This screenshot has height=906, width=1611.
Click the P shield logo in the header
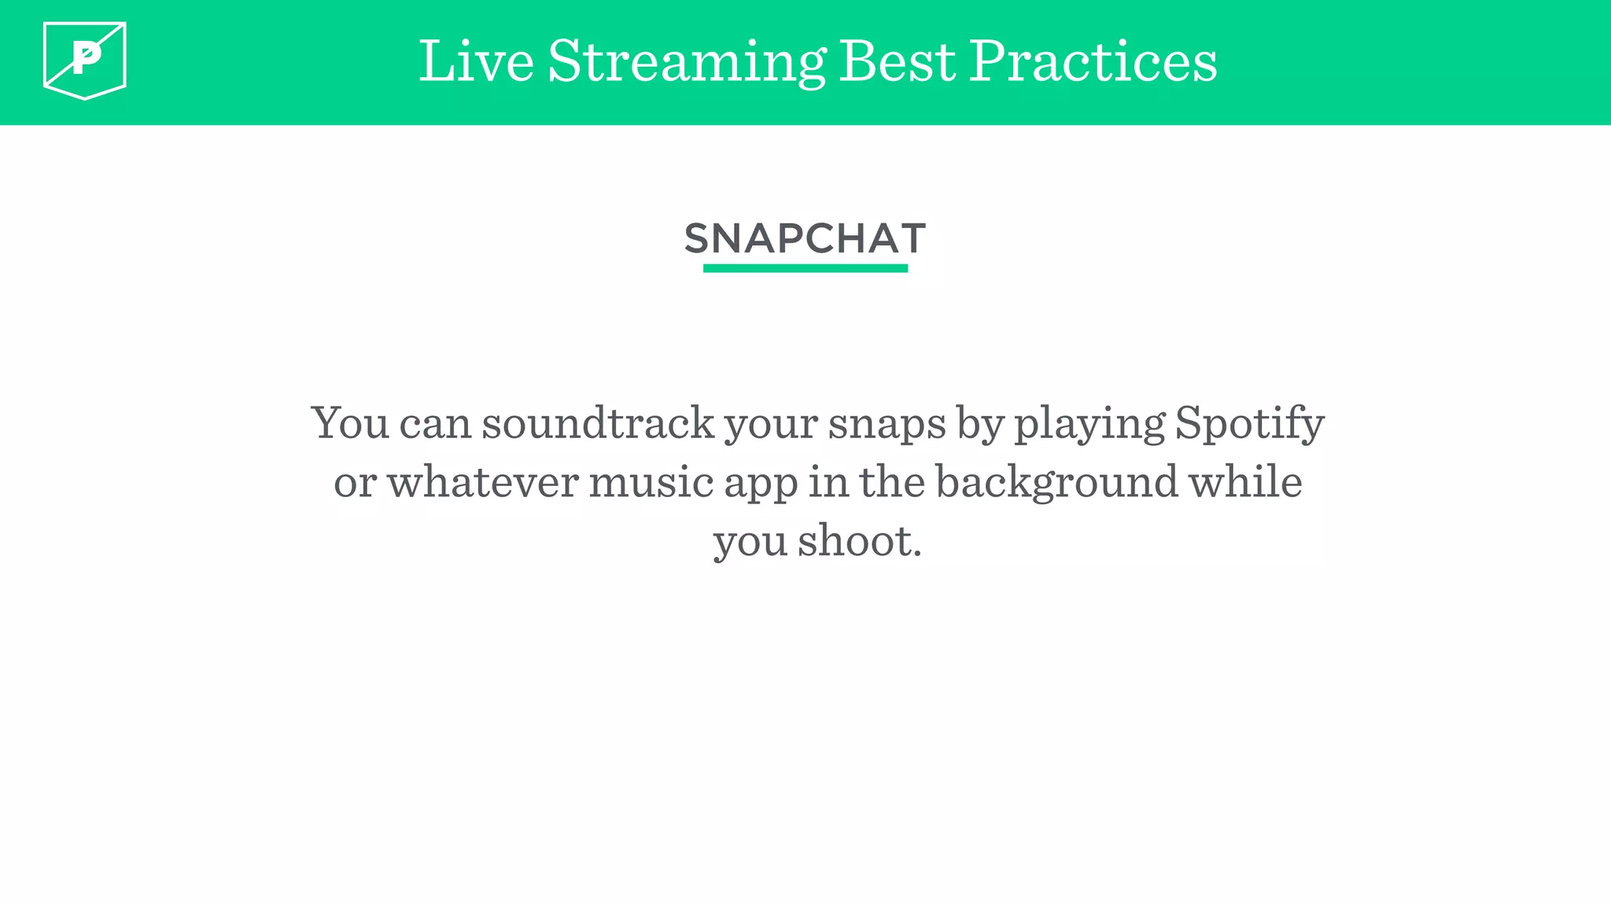pyautogui.click(x=85, y=60)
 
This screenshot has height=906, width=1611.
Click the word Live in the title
pyautogui.click(x=476, y=61)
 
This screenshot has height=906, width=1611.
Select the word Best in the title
pyautogui.click(x=897, y=61)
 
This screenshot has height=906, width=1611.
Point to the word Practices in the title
pyautogui.click(x=1093, y=61)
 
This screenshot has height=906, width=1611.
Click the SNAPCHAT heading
pyautogui.click(x=805, y=238)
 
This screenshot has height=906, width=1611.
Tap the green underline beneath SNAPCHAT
pyautogui.click(x=805, y=268)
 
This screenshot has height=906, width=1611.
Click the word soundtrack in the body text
pyautogui.click(x=598, y=423)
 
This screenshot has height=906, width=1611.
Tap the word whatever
pyautogui.click(x=482, y=482)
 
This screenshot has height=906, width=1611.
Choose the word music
pyautogui.click(x=651, y=482)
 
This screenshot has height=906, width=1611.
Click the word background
pyautogui.click(x=1056, y=482)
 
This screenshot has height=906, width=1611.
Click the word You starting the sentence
pyautogui.click(x=351, y=423)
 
